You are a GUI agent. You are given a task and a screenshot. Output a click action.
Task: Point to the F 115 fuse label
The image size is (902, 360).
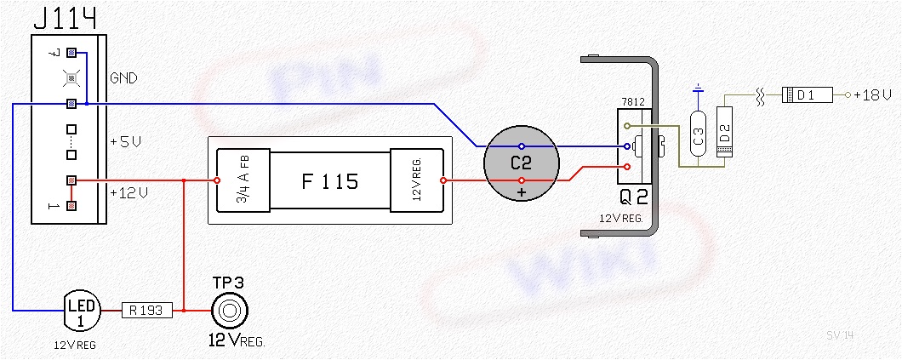pos(329,180)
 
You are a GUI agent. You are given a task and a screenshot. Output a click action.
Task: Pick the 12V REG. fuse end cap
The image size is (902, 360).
pos(417,180)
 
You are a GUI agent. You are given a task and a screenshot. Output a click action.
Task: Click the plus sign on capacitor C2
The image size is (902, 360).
pos(521,194)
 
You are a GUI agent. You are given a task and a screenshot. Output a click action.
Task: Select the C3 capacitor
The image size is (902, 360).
pos(699,135)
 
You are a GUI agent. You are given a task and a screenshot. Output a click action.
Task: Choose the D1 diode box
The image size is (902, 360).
pos(805,95)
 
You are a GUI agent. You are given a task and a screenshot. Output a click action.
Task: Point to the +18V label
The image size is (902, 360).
pos(873,95)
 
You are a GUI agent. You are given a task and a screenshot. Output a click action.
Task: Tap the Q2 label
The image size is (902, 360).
pos(634,198)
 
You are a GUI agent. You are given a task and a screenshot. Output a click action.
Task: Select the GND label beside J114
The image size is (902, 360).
pos(123,78)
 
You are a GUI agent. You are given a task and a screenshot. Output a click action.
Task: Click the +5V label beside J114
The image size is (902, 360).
pos(124,142)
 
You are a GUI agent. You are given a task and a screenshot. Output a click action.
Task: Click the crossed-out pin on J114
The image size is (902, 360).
pos(72,78)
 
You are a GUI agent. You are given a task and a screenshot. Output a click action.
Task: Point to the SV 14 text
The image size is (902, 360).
pos(839,335)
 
